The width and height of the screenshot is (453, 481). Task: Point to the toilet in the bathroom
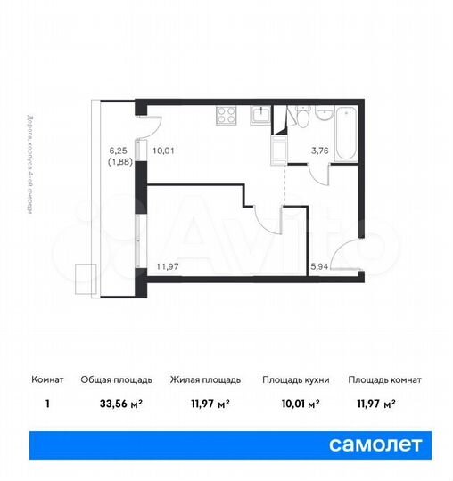point(301,120)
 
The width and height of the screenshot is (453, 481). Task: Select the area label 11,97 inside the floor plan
point(168,265)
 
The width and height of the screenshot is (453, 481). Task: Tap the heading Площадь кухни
point(295,380)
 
